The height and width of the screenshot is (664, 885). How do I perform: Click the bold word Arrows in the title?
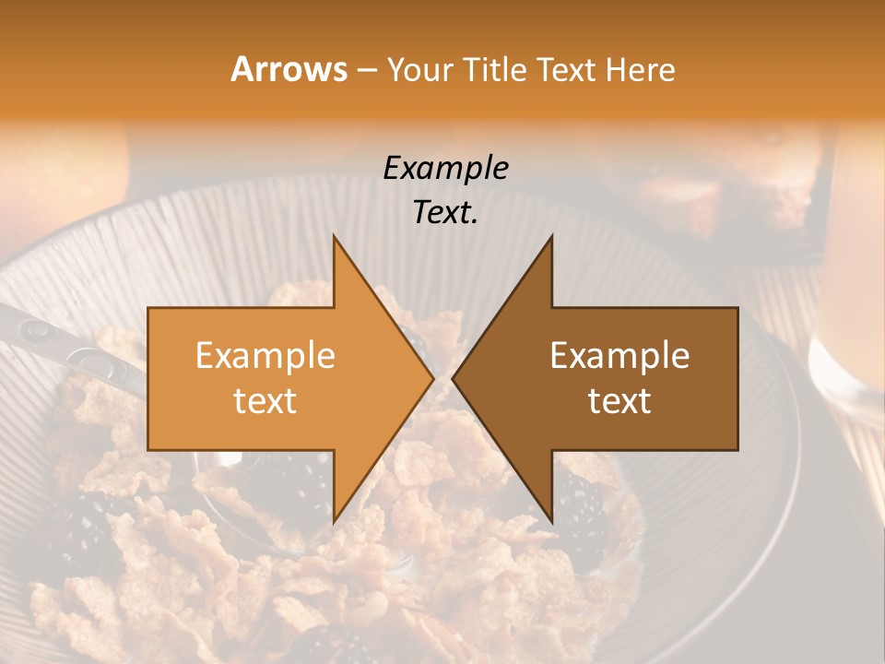(x=289, y=69)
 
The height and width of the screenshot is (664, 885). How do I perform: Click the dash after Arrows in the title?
(x=366, y=71)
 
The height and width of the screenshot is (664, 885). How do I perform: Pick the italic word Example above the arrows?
(x=446, y=168)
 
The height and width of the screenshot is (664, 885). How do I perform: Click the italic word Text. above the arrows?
(x=446, y=212)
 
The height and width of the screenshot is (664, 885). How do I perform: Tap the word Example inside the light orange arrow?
(x=265, y=355)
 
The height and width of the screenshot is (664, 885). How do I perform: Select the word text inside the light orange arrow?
(x=265, y=400)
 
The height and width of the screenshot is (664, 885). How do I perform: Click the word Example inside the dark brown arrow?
(x=619, y=355)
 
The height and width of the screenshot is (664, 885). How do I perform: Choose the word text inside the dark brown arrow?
(x=619, y=400)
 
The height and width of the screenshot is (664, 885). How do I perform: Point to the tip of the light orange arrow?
(x=432, y=378)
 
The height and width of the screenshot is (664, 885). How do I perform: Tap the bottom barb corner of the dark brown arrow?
(x=551, y=521)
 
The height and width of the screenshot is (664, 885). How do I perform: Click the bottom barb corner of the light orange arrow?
(x=334, y=521)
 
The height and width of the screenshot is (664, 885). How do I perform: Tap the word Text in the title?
(x=567, y=70)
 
